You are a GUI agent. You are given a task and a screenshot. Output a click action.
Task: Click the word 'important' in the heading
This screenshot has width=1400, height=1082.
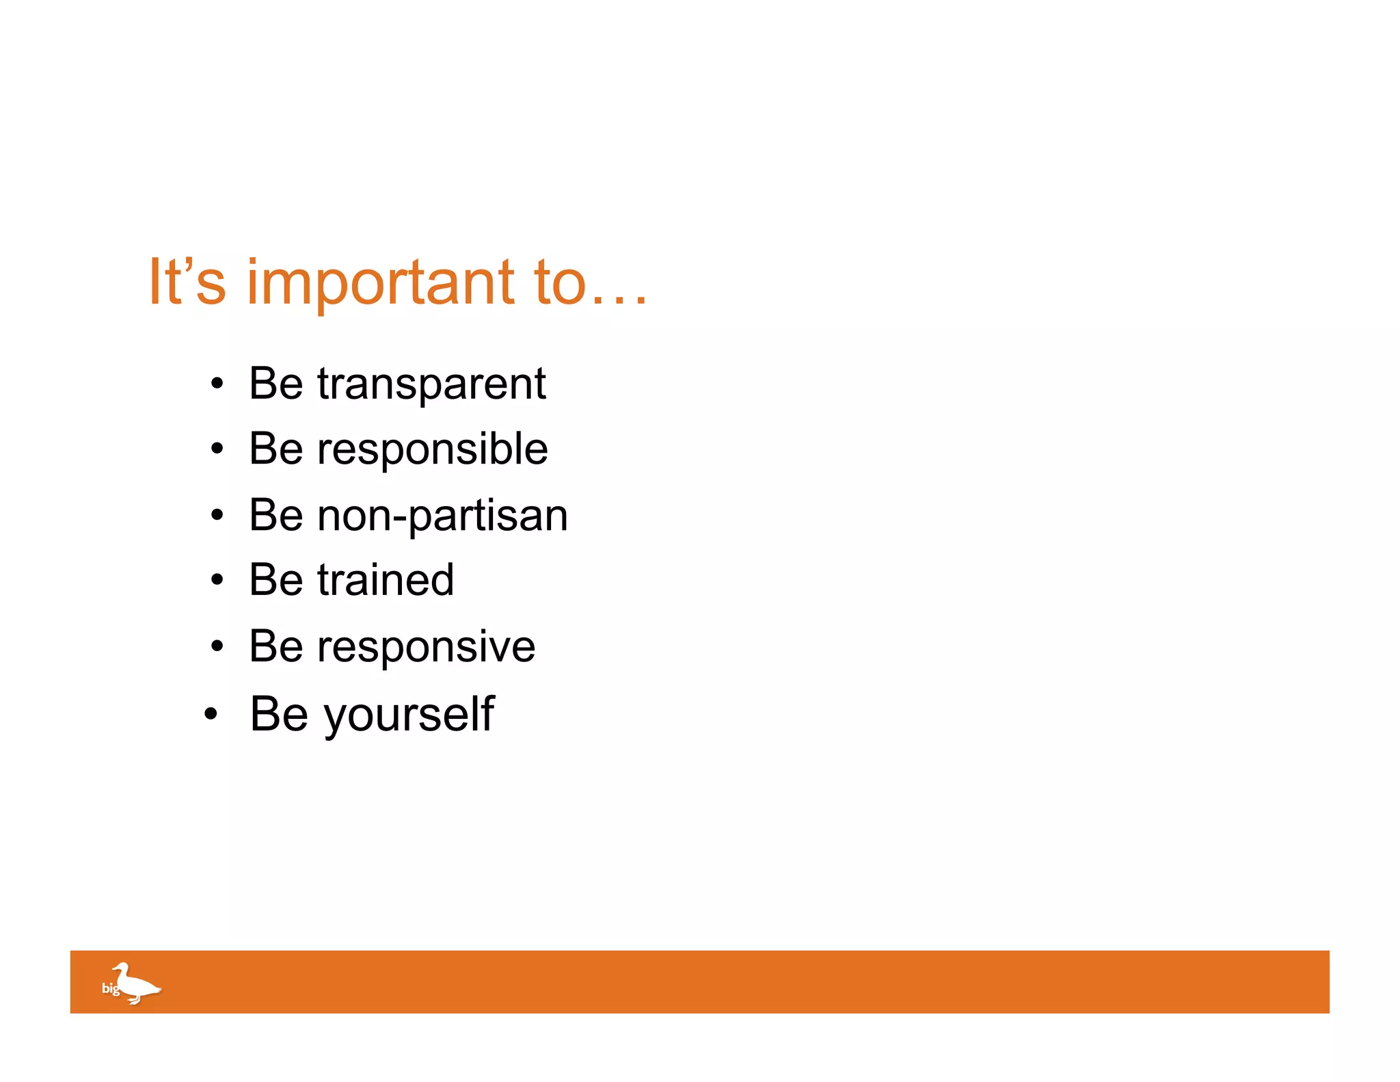pyautogui.click(x=380, y=283)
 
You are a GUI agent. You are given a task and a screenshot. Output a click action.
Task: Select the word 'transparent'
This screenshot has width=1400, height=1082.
pyautogui.click(x=431, y=384)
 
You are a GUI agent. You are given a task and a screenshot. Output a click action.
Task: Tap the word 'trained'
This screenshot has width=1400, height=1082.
pyautogui.click(x=386, y=580)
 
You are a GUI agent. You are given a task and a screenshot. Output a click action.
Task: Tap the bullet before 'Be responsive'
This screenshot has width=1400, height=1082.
pyautogui.click(x=217, y=646)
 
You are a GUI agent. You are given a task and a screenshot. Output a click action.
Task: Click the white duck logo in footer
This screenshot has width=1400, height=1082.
pyautogui.click(x=137, y=984)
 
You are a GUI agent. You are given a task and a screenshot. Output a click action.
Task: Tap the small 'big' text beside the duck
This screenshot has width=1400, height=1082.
pyautogui.click(x=109, y=988)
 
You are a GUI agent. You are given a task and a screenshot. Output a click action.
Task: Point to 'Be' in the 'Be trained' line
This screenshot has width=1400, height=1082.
pyautogui.click(x=275, y=580)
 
